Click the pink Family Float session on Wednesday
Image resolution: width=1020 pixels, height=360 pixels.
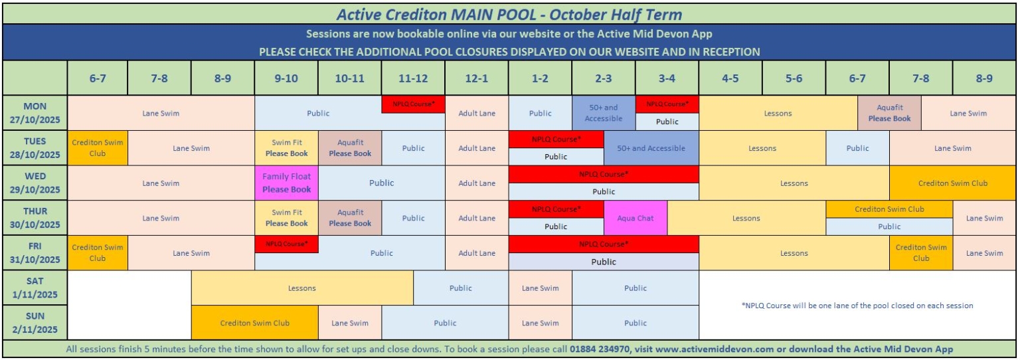[286, 183]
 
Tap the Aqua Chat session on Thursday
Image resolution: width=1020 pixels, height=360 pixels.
[636, 218]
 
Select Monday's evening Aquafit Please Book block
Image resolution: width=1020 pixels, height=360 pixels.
[889, 113]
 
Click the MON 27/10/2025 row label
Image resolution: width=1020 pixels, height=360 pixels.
[35, 113]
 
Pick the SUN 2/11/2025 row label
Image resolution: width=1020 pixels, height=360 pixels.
[35, 322]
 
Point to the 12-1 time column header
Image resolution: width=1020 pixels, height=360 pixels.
[477, 78]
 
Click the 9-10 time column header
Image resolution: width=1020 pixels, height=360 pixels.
[286, 78]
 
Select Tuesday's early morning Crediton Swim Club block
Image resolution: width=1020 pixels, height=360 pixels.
[98, 148]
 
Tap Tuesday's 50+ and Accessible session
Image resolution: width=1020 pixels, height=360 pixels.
[651, 148]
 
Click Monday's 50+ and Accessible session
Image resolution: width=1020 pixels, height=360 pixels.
[604, 113]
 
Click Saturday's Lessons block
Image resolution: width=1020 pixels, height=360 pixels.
[302, 288]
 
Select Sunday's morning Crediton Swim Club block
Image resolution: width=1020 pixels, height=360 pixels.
[254, 323]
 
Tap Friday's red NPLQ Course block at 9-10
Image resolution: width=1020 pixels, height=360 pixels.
[286, 244]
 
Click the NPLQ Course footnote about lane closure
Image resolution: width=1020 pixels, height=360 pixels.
[857, 306]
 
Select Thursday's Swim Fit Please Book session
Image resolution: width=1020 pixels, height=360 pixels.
[286, 218]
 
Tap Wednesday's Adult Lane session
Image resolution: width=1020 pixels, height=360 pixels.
[477, 183]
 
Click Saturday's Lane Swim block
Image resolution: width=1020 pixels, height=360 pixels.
[540, 288]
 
